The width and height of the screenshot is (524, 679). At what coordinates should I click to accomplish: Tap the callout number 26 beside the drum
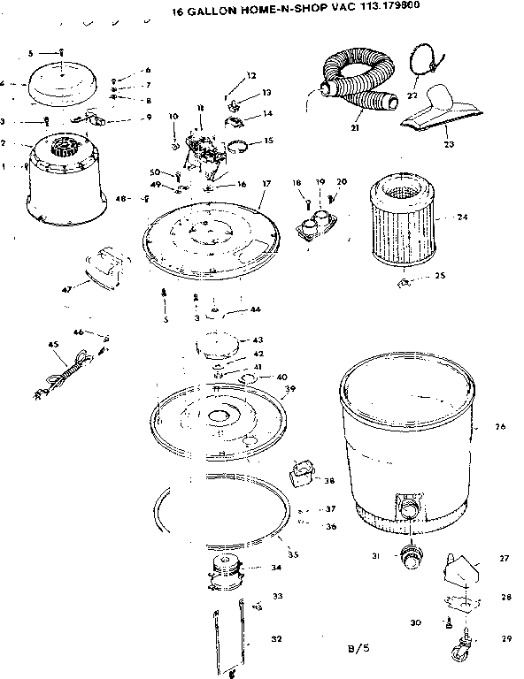click(500, 426)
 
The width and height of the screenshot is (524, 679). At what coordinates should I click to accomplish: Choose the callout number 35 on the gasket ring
click(294, 554)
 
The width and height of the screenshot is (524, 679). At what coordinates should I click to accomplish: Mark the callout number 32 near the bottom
click(275, 639)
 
